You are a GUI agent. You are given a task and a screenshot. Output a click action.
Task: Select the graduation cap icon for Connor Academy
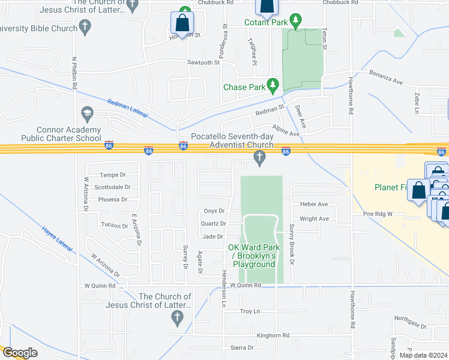(86, 113)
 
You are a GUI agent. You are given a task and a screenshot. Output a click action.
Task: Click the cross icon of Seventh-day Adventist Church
(259, 158)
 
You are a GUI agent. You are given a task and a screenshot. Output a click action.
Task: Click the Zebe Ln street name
(415, 96)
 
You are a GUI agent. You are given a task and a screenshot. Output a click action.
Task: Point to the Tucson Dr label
(113, 226)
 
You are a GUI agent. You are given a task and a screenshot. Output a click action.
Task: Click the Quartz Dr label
(214, 224)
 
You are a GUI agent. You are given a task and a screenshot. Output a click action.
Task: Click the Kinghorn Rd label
(273, 335)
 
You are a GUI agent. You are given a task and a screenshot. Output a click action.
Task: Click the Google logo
(20, 353)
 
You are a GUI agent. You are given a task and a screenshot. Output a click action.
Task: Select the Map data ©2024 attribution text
(423, 355)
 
